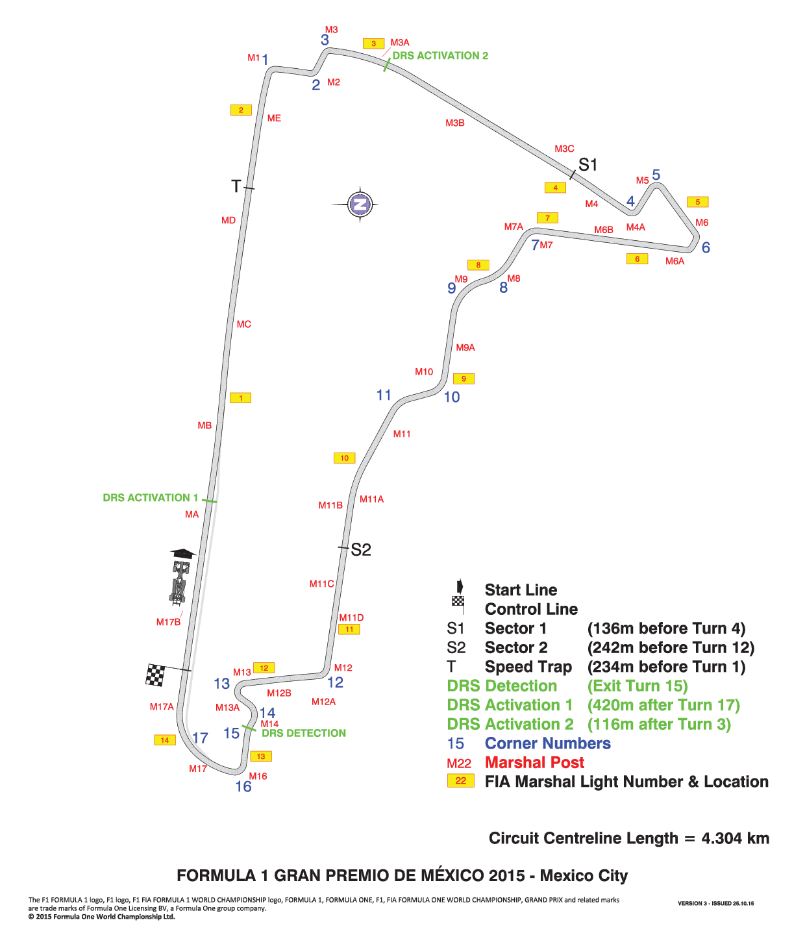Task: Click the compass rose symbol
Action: (x=360, y=204)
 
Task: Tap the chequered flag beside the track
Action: (x=155, y=675)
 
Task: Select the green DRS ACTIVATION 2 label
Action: (x=440, y=56)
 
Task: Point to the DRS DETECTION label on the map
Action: (x=304, y=733)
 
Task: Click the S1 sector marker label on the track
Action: (x=588, y=164)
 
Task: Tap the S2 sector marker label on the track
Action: (x=361, y=549)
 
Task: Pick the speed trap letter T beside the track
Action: (x=236, y=186)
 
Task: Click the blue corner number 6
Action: (x=706, y=247)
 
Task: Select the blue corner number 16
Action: (x=243, y=786)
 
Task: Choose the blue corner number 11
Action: (x=384, y=395)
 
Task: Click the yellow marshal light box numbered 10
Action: (x=344, y=458)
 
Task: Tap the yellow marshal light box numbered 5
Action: (x=698, y=202)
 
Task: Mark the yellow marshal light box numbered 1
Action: (x=241, y=398)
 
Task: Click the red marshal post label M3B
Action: (x=455, y=123)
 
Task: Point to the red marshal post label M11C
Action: (x=321, y=584)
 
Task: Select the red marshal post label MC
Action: (x=244, y=324)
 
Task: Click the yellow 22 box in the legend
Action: (x=461, y=780)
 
